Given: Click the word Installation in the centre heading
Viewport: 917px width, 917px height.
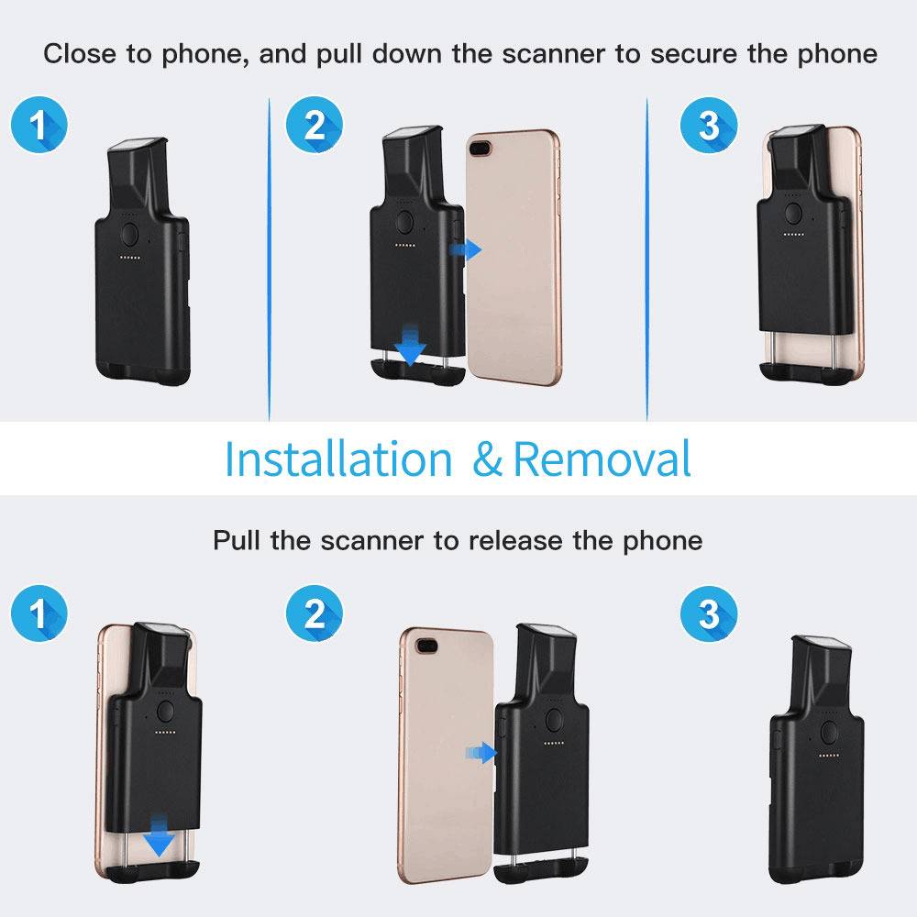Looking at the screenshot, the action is [x=338, y=459].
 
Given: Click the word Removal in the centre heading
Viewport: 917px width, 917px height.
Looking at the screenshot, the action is [x=602, y=459].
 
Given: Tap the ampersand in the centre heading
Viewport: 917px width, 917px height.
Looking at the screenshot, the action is [x=487, y=459].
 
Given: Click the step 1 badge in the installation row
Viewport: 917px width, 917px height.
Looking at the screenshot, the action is [x=39, y=125].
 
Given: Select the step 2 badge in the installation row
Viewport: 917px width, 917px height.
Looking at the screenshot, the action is [x=315, y=125].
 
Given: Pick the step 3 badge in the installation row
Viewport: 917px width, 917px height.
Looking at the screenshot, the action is [x=708, y=125].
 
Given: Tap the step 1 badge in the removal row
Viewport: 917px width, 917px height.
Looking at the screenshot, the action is [x=39, y=613].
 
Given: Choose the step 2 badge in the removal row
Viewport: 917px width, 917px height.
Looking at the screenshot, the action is [x=315, y=613].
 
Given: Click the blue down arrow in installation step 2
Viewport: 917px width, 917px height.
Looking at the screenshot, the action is [x=411, y=345].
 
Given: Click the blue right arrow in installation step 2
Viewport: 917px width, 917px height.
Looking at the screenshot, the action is [x=466, y=249].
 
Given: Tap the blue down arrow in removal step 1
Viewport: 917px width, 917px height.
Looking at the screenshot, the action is [x=159, y=835].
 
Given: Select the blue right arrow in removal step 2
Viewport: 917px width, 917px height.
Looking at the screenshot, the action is [x=481, y=753].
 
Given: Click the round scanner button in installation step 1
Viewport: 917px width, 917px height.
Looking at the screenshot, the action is [x=130, y=235].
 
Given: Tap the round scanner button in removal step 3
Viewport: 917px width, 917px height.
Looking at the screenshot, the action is [x=829, y=732].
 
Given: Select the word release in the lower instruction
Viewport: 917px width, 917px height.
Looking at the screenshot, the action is [x=515, y=540].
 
